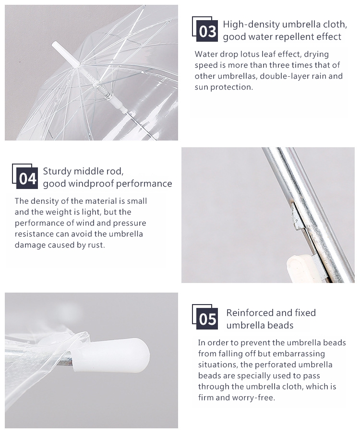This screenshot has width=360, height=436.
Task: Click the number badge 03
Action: pos(207,31)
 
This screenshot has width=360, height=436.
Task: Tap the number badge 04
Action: pos(27,178)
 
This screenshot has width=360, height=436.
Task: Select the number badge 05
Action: pos(207,318)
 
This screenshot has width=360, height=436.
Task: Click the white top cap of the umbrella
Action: pos(66,54)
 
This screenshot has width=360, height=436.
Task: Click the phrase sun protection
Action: pos(223,87)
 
